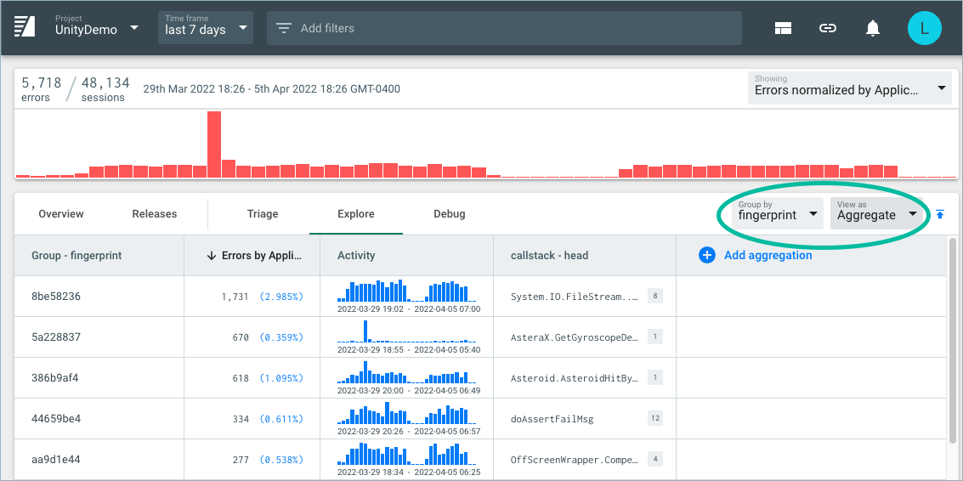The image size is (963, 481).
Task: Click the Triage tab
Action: [x=263, y=214]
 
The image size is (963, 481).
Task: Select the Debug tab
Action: [x=449, y=214]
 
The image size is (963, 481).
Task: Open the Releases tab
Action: [x=155, y=214]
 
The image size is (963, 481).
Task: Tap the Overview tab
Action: [x=60, y=214]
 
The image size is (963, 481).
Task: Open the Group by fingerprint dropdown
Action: [x=779, y=212]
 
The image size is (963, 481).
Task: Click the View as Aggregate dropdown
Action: [x=876, y=212]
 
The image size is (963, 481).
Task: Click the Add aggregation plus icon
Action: [x=706, y=255]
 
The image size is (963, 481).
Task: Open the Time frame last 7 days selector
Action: [x=207, y=28]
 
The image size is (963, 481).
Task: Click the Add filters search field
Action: [x=504, y=29]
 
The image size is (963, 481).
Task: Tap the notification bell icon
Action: [x=872, y=29]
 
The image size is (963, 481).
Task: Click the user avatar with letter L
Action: [x=924, y=29]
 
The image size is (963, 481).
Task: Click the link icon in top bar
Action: [x=827, y=29]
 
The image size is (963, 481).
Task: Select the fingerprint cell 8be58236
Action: [x=56, y=297]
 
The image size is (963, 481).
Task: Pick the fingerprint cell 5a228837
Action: [x=56, y=337]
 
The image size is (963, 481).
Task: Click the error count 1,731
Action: [x=235, y=297]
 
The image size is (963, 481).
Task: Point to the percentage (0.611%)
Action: [x=280, y=419]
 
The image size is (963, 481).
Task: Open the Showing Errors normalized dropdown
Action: [x=848, y=88]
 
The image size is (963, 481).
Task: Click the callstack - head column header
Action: [x=549, y=255]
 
